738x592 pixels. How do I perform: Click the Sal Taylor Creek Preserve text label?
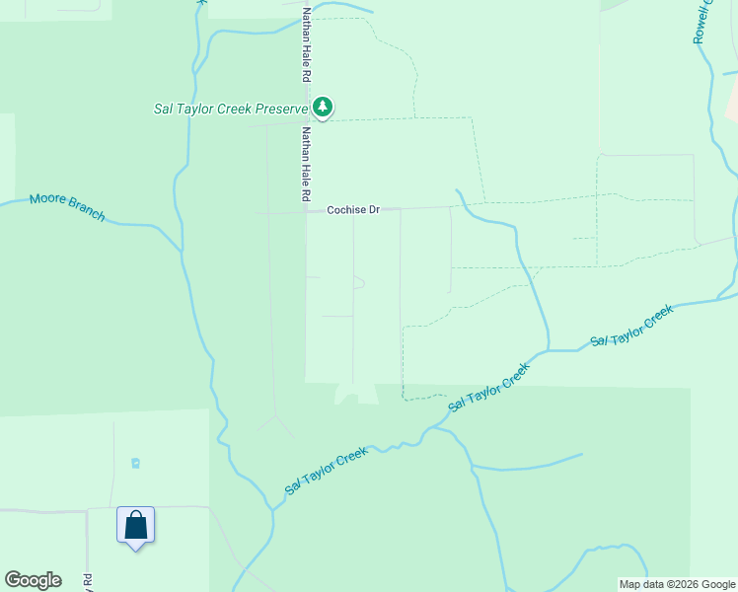click(x=232, y=109)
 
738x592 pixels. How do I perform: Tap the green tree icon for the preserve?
click(x=322, y=107)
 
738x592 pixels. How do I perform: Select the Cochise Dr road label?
click(x=353, y=210)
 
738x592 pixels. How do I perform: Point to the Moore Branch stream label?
click(x=66, y=206)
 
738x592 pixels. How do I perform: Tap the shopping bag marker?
click(x=135, y=525)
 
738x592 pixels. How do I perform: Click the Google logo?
click(x=33, y=580)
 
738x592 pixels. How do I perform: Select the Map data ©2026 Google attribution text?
click(x=677, y=584)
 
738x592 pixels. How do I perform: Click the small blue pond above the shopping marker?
click(x=136, y=462)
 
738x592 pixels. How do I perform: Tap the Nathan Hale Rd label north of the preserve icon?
click(x=307, y=44)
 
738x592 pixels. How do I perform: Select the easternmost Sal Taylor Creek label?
click(x=631, y=326)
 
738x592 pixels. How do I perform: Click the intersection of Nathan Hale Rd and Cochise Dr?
click(x=306, y=211)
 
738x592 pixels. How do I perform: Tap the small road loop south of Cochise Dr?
click(x=358, y=283)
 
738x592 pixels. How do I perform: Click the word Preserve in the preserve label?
click(x=282, y=109)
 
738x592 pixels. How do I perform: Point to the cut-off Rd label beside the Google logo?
click(x=88, y=582)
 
